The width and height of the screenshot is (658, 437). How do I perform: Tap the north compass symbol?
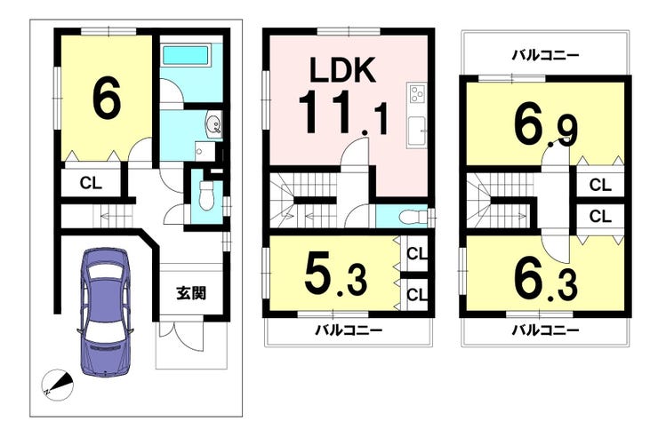point(58,385)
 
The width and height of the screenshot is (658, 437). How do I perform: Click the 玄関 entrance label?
point(191,293)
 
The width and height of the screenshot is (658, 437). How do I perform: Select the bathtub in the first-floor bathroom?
point(185,55)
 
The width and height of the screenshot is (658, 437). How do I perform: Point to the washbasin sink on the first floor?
point(213,124)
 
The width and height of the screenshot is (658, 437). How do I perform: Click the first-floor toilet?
point(206,195)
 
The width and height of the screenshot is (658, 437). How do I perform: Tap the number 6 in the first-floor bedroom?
point(107,96)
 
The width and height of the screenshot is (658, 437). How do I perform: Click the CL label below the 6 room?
point(91,183)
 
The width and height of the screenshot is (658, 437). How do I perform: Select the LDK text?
point(342,69)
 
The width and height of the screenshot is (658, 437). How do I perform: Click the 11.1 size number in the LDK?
point(343,113)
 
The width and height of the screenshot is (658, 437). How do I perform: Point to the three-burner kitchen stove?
point(417,94)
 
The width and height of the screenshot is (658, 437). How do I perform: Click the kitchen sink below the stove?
point(417,131)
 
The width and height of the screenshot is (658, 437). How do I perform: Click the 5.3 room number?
point(336,274)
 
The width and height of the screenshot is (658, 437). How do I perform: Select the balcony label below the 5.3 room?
point(349,330)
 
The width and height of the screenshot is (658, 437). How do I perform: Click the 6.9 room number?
point(546,125)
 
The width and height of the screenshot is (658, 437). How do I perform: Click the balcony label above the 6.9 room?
point(546,55)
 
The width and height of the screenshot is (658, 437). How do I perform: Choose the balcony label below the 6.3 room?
point(546,330)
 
